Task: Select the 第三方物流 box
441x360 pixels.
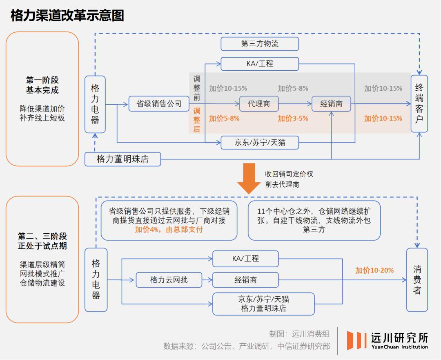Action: point(260,44)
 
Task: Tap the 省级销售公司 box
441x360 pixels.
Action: point(159,104)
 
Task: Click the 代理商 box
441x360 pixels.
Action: point(258,104)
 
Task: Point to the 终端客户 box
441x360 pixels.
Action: point(419,104)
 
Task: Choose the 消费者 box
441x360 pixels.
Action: point(417,280)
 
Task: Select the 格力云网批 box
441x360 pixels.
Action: point(169,280)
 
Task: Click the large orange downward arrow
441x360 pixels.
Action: point(249,179)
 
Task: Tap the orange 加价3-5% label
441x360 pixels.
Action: point(293,119)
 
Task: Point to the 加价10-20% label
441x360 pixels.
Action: point(374,270)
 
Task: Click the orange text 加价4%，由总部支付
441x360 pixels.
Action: point(169,230)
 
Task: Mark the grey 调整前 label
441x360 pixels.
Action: point(197,88)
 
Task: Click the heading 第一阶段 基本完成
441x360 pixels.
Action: point(42,85)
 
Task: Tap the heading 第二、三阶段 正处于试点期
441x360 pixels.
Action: point(42,241)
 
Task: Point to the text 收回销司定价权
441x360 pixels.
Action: point(289,174)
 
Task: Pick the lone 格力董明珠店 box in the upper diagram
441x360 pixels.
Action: point(122,159)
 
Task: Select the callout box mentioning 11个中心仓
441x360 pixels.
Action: point(314,220)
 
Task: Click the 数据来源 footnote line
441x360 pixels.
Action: point(247,346)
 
